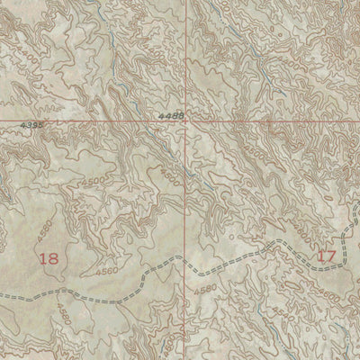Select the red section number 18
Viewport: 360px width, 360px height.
(x=49, y=258)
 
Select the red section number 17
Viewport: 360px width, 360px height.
(x=326, y=256)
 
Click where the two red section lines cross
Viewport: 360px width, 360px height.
(x=188, y=121)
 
